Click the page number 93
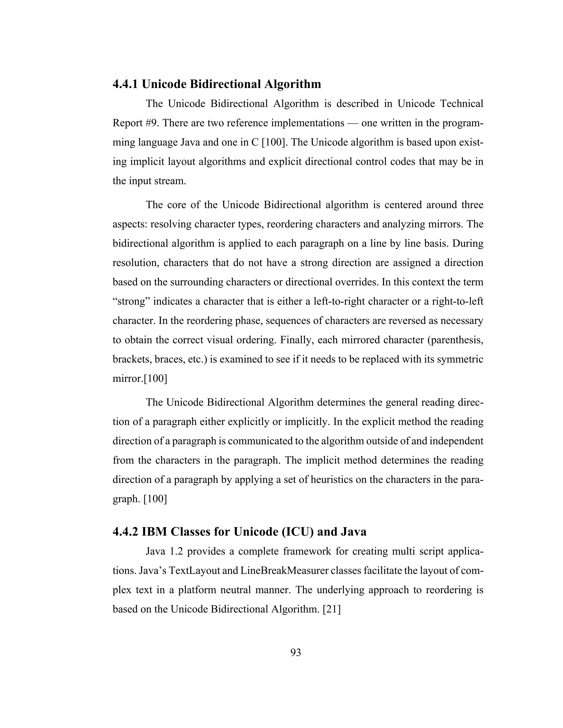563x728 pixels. [x=296, y=652]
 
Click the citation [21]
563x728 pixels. [x=332, y=609]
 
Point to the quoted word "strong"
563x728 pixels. [x=131, y=301]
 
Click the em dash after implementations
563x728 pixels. [x=352, y=123]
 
